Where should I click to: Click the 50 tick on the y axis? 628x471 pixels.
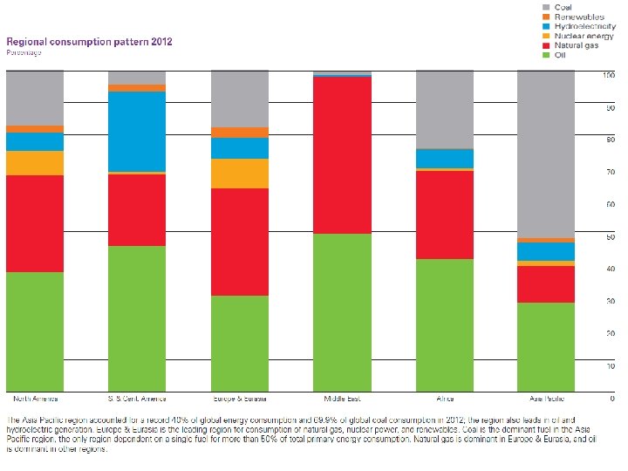coord(609,237)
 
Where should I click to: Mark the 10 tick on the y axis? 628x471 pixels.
coord(609,366)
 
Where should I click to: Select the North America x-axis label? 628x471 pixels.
coord(35,399)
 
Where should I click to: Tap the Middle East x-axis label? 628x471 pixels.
coord(342,399)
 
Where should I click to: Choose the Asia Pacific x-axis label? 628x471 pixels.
coord(546,399)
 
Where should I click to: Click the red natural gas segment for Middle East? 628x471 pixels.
coord(342,155)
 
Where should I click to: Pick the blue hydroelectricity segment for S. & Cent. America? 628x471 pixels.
coord(137,131)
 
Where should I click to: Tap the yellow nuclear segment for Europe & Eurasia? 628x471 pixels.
coord(240,174)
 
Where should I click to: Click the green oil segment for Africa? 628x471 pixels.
coord(444,325)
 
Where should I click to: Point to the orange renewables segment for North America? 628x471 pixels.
coord(35,129)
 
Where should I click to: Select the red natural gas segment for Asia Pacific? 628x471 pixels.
coord(546,284)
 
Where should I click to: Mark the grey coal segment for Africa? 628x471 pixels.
coord(444,110)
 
